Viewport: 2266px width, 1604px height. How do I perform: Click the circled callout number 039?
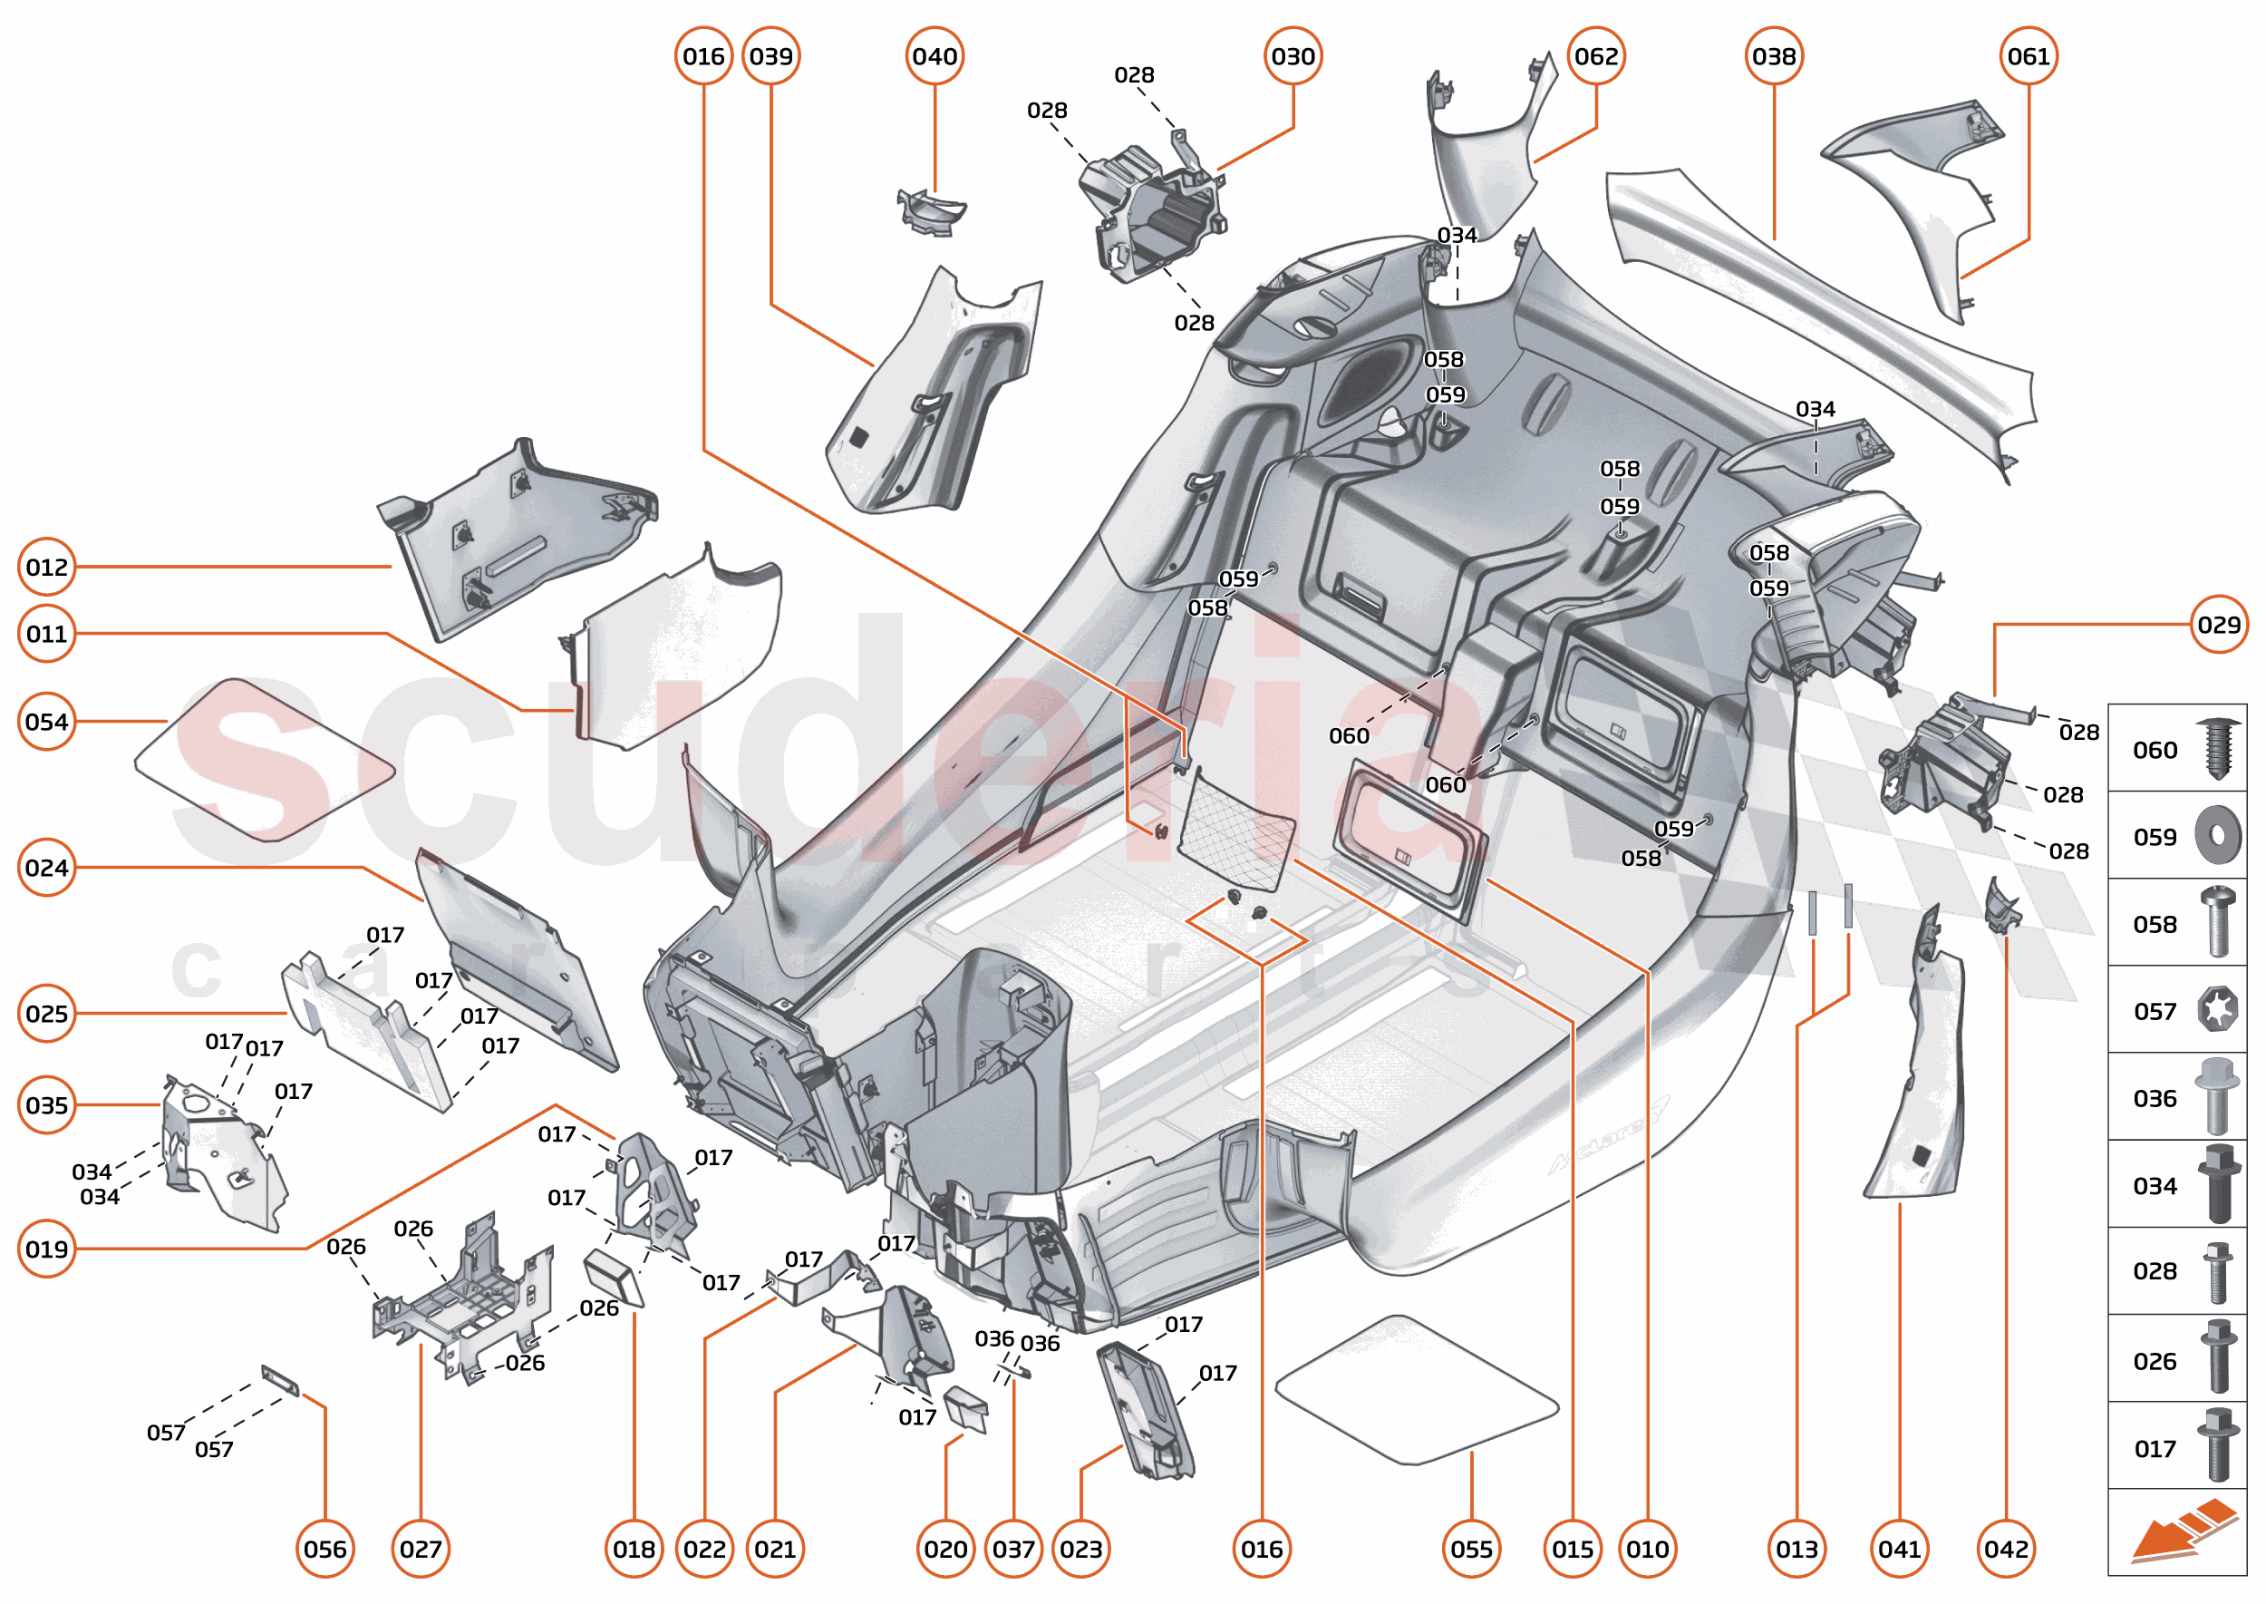pyautogui.click(x=770, y=56)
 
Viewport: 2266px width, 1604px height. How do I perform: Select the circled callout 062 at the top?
pyautogui.click(x=1595, y=56)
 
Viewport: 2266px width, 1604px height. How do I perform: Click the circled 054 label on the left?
pyautogui.click(x=46, y=722)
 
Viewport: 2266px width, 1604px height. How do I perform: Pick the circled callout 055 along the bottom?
pyautogui.click(x=1471, y=1549)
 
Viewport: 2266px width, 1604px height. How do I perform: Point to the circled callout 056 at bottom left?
pyautogui.click(x=324, y=1549)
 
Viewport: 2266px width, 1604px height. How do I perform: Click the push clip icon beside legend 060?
pyautogui.click(x=2218, y=749)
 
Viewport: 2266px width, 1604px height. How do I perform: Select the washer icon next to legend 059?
pyautogui.click(x=2218, y=836)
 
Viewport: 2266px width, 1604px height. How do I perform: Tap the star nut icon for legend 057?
pyautogui.click(x=2218, y=1010)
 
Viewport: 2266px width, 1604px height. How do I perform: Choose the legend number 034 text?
pyautogui.click(x=2155, y=1185)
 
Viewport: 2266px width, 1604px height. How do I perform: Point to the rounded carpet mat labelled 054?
pyautogui.click(x=264, y=761)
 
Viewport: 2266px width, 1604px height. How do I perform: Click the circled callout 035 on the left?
pyautogui.click(x=46, y=1105)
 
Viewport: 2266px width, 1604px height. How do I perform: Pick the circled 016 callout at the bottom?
pyautogui.click(x=1262, y=1549)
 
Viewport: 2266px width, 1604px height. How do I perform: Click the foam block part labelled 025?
pyautogui.click(x=365, y=1032)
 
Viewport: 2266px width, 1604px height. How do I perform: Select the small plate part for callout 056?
pyautogui.click(x=280, y=1380)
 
